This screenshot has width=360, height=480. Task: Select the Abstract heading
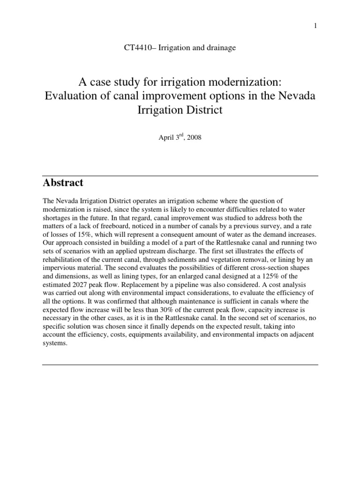pos(63,182)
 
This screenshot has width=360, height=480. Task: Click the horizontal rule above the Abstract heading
pos(180,176)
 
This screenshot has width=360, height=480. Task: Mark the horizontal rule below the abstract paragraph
pos(180,364)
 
